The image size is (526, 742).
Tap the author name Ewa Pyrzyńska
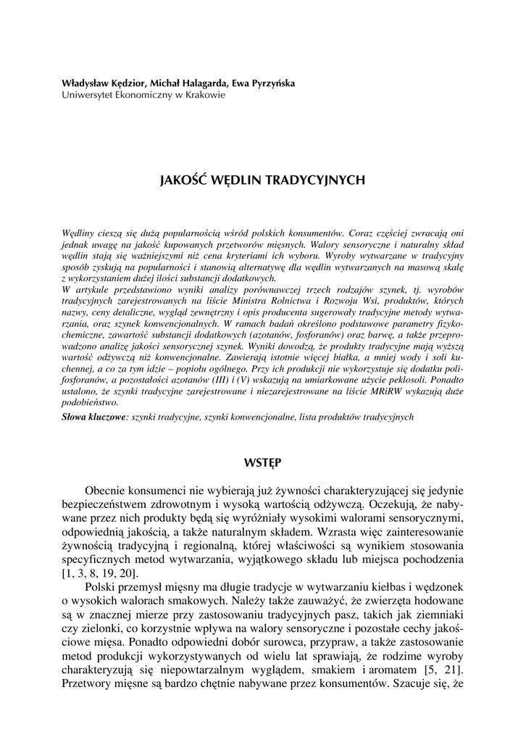(262, 83)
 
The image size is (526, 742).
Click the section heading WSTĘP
(262, 462)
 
